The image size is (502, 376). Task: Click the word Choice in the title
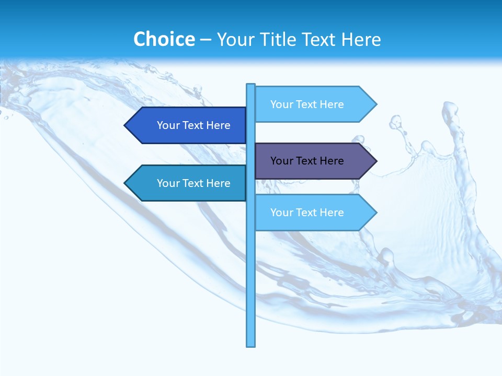[164, 39]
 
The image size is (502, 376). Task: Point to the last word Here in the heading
[361, 39]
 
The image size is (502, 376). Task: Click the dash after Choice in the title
[206, 40]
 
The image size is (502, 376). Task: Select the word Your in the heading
[235, 39]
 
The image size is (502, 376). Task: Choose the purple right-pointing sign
[311, 161]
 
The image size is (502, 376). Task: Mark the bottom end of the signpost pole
[251, 345]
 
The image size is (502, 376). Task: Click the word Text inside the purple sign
[306, 161]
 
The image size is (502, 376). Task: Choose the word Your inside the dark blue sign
[167, 125]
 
